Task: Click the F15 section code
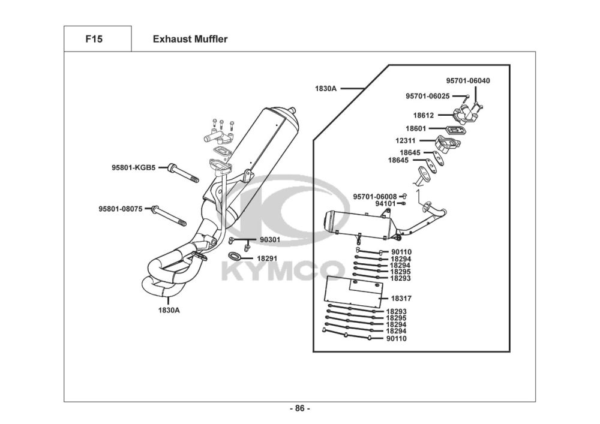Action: [94, 39]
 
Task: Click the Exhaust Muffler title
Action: [190, 39]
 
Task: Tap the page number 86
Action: [299, 408]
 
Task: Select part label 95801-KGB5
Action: [134, 167]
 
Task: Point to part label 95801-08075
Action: [121, 209]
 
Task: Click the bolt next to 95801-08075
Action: [169, 216]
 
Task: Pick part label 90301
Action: [270, 240]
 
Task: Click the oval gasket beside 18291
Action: [234, 255]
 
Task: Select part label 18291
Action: [267, 258]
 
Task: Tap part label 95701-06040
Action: [468, 81]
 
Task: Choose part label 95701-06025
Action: [428, 96]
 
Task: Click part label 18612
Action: [424, 115]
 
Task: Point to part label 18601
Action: [416, 128]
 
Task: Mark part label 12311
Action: [406, 141]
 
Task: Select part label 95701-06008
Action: [375, 197]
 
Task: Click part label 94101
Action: [386, 204]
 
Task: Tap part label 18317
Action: [401, 298]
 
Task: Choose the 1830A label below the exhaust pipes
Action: [169, 310]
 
